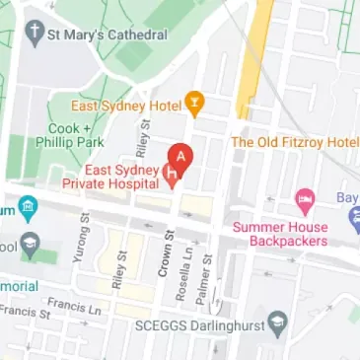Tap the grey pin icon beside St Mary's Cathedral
[x=36, y=35]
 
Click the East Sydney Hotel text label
[x=126, y=103]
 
